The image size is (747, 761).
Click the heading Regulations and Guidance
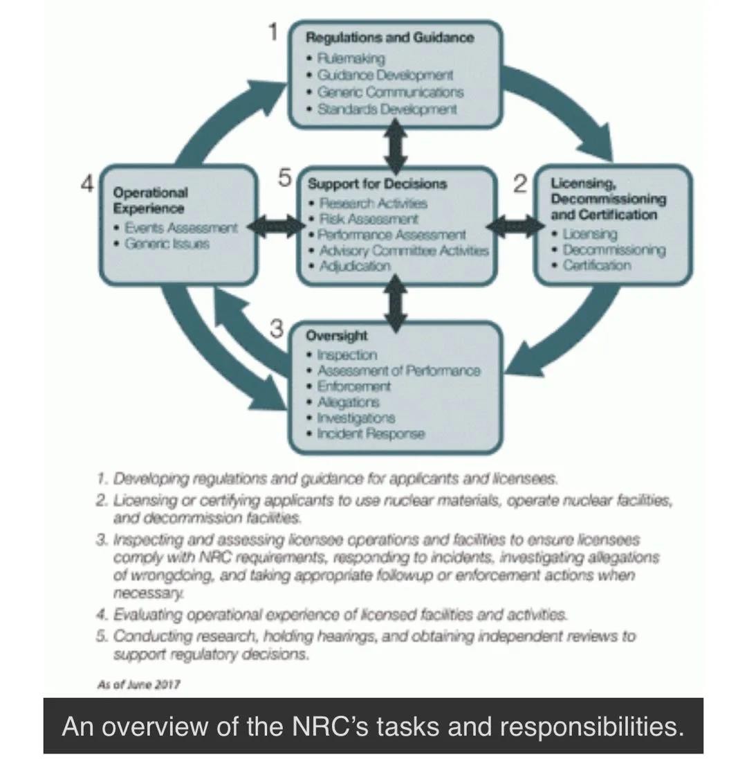coord(390,37)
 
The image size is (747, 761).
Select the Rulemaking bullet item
coord(351,58)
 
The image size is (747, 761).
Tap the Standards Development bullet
coord(387,109)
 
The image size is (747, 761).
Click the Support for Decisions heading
coord(377,184)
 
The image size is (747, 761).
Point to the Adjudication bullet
coord(355,266)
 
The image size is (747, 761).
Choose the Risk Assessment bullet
coord(369,219)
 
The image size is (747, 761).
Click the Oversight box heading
coord(337,336)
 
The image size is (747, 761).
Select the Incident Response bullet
coord(371,434)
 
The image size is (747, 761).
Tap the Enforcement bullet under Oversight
coord(354,386)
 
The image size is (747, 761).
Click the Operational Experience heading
coord(150,200)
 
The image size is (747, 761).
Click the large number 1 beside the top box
coord(274,32)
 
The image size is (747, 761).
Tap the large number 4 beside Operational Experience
coord(88,184)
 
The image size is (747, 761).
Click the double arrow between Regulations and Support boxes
coord(394,147)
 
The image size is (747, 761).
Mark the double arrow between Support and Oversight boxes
coord(395,303)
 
